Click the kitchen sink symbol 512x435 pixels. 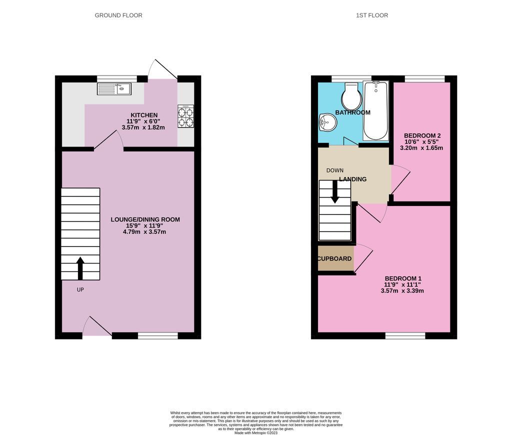[114, 89]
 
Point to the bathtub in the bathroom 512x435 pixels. [375, 110]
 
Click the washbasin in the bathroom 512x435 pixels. [325, 121]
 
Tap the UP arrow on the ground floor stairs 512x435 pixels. [80, 268]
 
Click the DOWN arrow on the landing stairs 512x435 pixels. [335, 191]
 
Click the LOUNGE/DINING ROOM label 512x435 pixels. [145, 219]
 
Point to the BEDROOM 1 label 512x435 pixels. [403, 278]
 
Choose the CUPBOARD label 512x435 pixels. [335, 259]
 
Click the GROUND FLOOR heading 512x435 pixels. [118, 15]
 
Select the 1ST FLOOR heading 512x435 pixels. [371, 15]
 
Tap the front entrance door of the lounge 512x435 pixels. [97, 326]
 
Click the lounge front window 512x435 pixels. [157, 336]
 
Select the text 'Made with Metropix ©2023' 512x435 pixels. [255, 432]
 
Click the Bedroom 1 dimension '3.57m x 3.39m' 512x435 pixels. [402, 290]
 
